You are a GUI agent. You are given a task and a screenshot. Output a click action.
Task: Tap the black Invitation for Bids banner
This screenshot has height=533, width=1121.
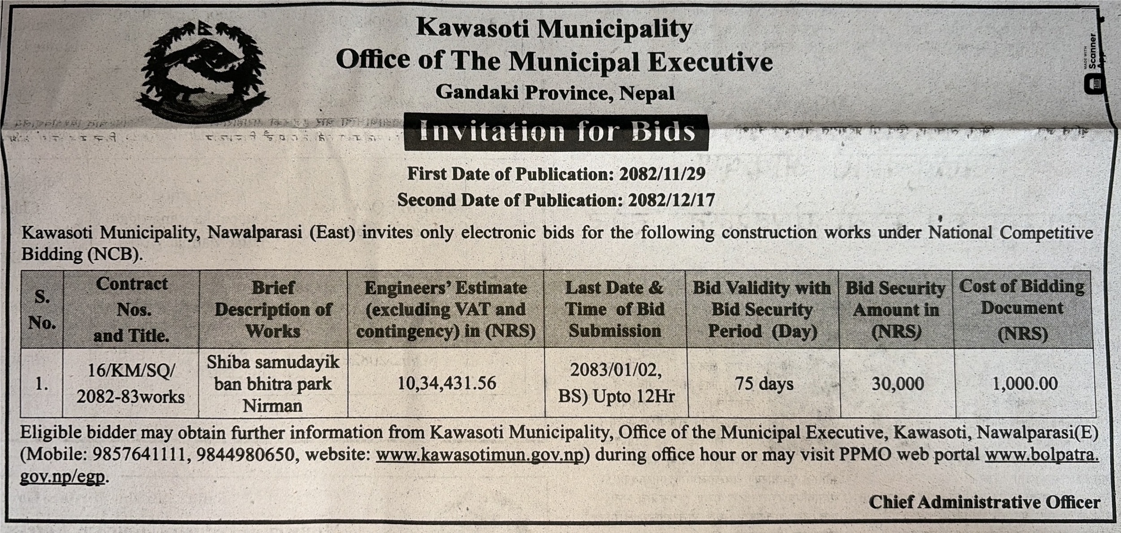tap(556, 133)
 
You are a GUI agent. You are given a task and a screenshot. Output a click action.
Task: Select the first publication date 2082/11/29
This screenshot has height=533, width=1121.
tap(662, 174)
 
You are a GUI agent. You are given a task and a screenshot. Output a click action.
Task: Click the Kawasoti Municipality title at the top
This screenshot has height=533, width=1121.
tap(554, 29)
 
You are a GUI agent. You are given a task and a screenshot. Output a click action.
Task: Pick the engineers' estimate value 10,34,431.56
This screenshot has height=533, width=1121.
tap(447, 383)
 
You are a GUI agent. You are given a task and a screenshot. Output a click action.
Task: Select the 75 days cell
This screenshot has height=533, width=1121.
tap(764, 384)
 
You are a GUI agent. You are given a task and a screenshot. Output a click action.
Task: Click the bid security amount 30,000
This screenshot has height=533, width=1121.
tap(897, 384)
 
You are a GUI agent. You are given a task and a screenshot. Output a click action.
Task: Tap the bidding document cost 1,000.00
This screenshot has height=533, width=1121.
tap(1025, 384)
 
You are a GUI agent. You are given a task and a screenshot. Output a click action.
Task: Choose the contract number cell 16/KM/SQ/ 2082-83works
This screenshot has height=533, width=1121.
tap(130, 384)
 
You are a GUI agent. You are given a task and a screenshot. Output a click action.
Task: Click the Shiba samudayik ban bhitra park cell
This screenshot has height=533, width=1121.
tap(273, 384)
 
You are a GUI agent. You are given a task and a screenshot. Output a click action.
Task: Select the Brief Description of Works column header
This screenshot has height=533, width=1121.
tap(273, 309)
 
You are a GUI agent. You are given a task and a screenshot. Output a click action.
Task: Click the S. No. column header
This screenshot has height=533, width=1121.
tap(42, 309)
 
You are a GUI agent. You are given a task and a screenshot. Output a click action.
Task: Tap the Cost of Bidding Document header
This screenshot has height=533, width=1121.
tap(1022, 309)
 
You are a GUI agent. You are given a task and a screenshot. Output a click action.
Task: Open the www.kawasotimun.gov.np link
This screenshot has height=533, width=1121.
tap(479, 455)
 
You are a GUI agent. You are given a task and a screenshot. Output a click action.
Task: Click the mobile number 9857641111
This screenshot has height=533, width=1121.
tap(139, 455)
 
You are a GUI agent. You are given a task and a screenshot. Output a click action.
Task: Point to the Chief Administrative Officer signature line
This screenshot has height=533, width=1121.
tap(984, 502)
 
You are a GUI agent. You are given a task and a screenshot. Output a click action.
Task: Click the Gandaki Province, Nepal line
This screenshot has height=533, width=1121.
tap(555, 93)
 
